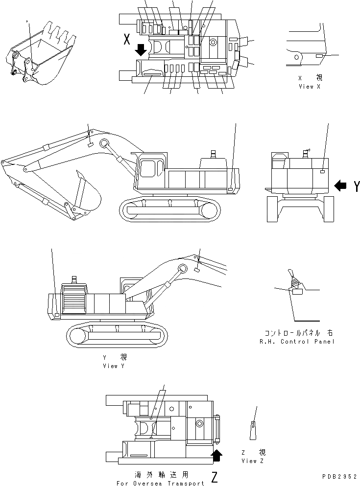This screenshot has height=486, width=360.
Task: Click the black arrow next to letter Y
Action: click(340, 185)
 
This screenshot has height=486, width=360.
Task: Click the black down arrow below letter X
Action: click(141, 49)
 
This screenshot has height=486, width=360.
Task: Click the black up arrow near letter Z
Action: click(216, 456)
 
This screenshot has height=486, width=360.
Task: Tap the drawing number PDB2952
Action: click(339, 476)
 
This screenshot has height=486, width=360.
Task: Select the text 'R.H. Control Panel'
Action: click(297, 341)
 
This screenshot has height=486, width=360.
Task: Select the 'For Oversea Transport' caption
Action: click(161, 483)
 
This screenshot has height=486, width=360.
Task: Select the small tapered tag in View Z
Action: click(253, 429)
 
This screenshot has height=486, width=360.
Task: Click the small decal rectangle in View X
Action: click(319, 57)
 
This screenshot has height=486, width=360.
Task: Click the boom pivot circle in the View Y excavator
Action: click(183, 268)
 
